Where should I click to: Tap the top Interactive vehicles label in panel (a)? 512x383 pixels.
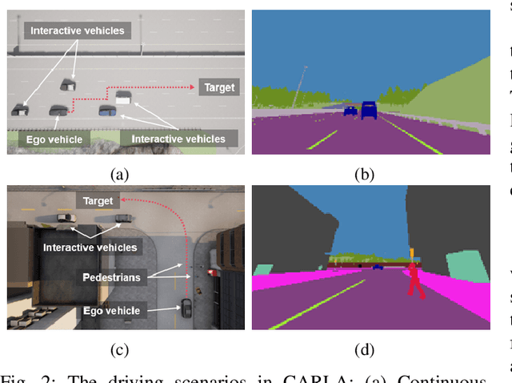(x=78, y=30)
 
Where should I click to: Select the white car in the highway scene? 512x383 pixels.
(x=123, y=97)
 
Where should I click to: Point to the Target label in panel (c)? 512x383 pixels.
(x=98, y=201)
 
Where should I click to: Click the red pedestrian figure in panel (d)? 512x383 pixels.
(x=414, y=280)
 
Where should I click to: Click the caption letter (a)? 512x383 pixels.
(x=119, y=173)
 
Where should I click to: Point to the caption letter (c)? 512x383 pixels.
(x=119, y=349)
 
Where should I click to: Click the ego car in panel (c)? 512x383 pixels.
(x=186, y=307)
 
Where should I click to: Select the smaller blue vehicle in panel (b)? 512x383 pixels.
(x=350, y=111)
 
